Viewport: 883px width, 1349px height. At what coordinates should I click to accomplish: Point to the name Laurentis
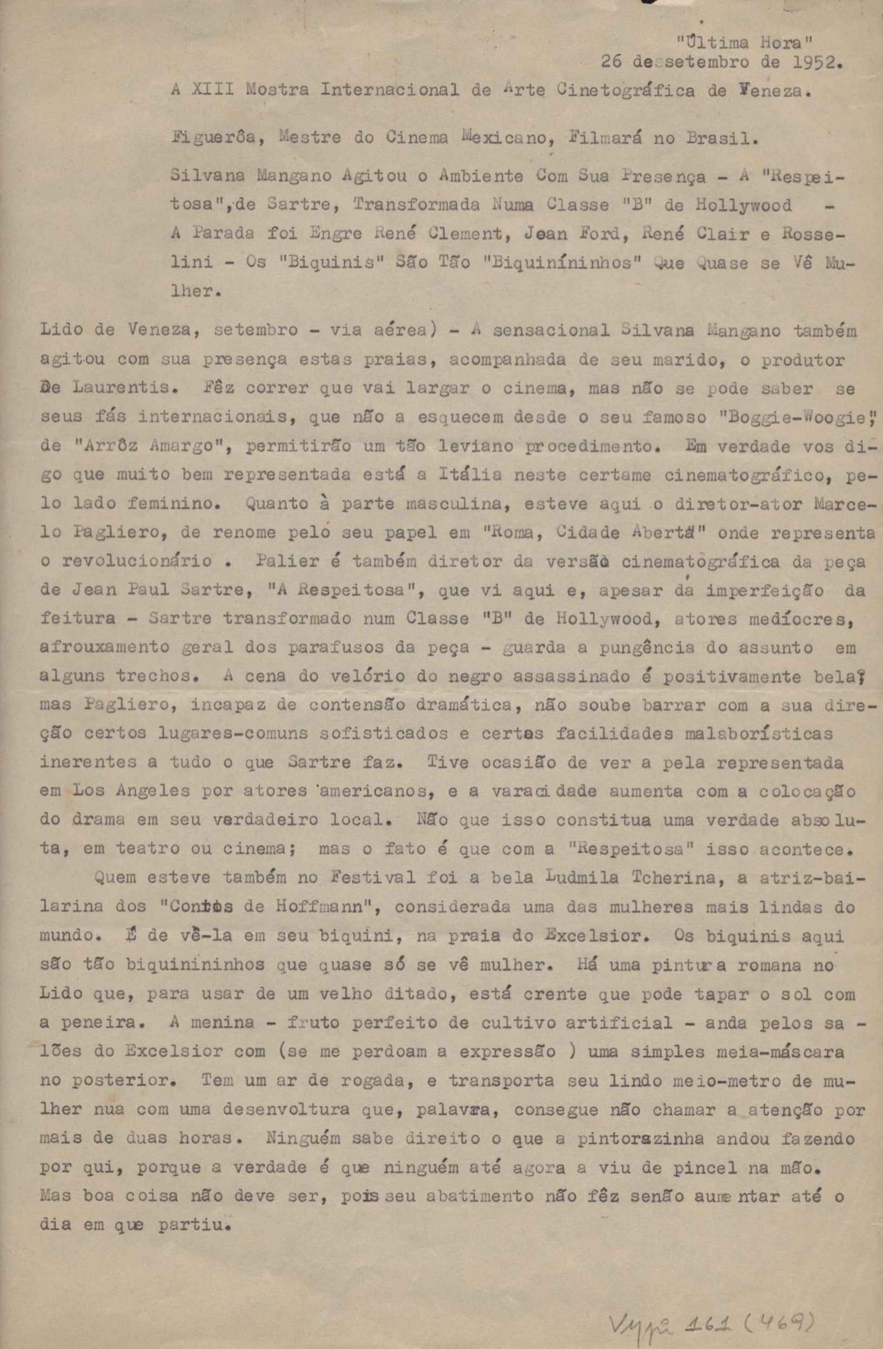point(116,388)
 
